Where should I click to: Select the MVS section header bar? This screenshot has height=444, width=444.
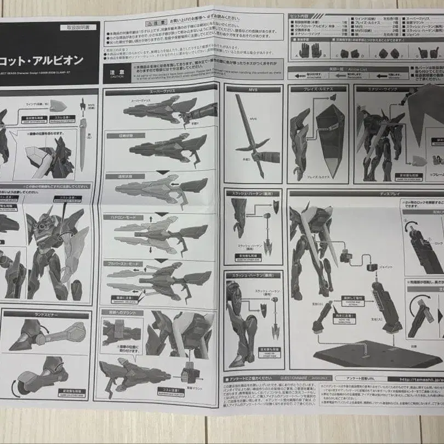pyautogui.click(x=253, y=89)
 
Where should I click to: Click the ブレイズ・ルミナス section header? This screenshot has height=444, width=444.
pyautogui.click(x=317, y=89)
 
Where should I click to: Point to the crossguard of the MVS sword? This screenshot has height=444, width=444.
pyautogui.click(x=253, y=146)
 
